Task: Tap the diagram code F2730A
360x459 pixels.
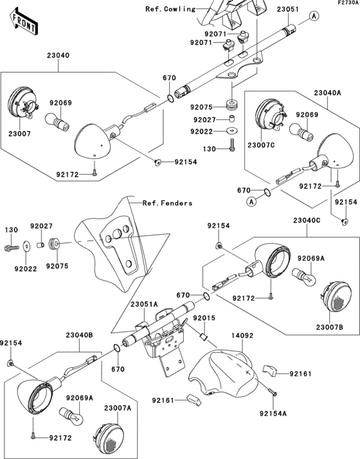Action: point(345,3)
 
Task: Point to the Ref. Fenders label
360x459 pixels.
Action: point(168,203)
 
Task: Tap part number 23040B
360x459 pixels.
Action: point(79,336)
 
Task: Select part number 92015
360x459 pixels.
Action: point(204,319)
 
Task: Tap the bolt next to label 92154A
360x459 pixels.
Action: point(272,392)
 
